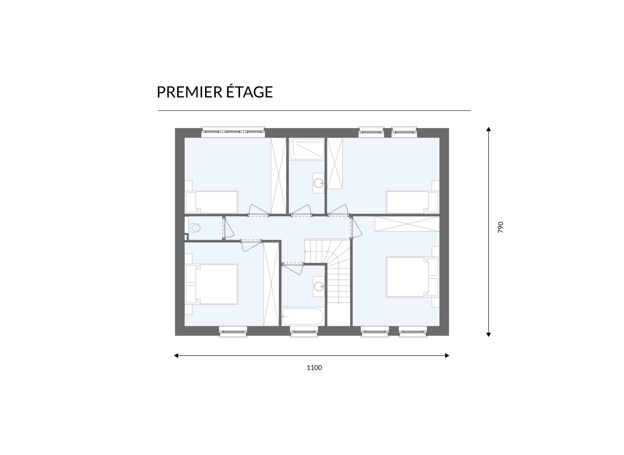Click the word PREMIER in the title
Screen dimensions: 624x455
coord(189,92)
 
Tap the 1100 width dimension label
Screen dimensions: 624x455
coord(314,368)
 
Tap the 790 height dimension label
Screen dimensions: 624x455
coord(501,227)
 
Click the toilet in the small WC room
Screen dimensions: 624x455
coord(195,228)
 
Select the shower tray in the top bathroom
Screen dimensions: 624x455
coord(306,149)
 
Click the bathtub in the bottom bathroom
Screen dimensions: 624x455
coord(303,316)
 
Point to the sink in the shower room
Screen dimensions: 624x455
coord(319,183)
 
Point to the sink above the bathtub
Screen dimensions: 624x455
coord(319,286)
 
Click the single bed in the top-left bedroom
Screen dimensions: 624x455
coord(212,202)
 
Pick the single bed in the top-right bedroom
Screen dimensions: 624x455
coord(413,202)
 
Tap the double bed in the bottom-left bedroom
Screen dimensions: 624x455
coord(212,284)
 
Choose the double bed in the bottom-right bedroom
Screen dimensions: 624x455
coord(412,277)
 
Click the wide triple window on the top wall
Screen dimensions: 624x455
coord(233,132)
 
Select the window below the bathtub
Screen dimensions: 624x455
coord(304,331)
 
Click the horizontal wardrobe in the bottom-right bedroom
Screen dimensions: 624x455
coord(407,224)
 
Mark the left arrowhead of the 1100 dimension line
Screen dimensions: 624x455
coord(176,356)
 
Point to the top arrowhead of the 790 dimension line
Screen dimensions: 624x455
coord(488,129)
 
